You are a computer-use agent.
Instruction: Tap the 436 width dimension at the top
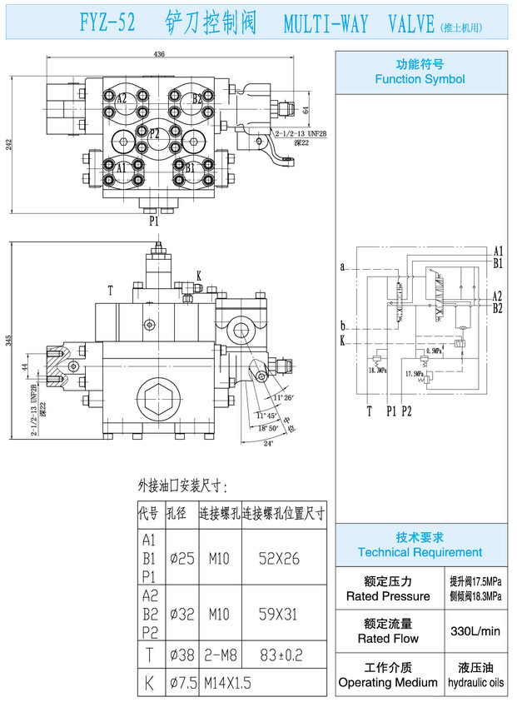(159, 54)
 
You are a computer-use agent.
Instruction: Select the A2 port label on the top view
(122, 98)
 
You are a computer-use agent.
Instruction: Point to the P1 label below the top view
(154, 222)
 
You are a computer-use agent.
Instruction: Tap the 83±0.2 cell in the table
(281, 655)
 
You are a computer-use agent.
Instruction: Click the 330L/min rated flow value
(476, 631)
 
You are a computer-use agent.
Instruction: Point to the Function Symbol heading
(420, 79)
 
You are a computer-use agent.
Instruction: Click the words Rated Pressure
(388, 596)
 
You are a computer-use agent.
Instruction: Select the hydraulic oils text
(476, 683)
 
